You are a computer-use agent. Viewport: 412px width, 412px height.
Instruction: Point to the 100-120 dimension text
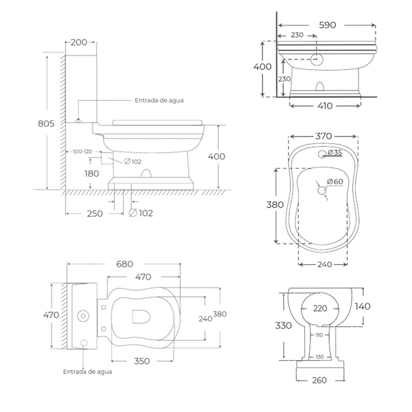point(80,151)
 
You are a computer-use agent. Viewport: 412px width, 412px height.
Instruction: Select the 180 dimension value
point(92,174)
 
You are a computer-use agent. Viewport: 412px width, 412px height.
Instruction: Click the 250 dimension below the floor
point(94,213)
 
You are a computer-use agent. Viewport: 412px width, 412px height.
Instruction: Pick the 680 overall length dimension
point(125,264)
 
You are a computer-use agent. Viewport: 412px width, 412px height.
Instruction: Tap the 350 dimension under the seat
point(142,361)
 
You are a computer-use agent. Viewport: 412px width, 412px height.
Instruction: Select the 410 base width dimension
point(325,106)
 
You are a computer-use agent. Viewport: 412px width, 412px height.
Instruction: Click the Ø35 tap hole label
point(335,153)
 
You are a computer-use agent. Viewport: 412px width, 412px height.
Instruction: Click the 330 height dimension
point(283,325)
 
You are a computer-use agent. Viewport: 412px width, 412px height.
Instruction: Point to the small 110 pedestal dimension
point(319,335)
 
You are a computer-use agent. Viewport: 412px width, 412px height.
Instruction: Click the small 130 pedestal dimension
point(319,357)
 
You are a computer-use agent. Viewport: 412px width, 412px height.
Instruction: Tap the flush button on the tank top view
point(84,316)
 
